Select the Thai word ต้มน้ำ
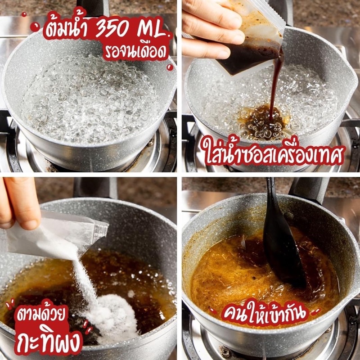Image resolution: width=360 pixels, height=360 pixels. pos(67,26)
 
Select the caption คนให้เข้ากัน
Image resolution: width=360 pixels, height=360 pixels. pos(265,312)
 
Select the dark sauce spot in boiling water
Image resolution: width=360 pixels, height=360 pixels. pos(262,121)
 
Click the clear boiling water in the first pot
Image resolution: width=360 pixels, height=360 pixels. pos(90,99)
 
